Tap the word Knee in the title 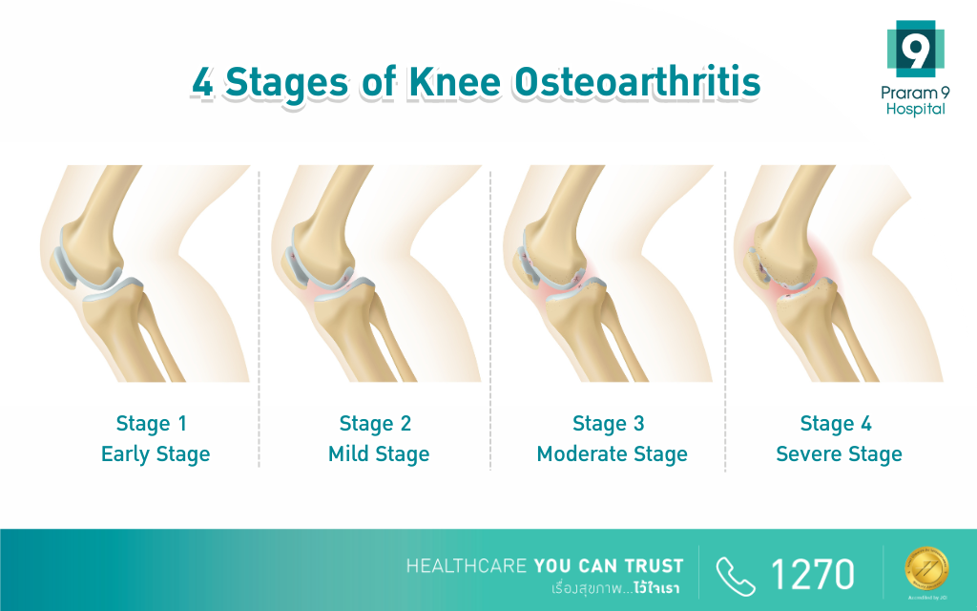[455, 82]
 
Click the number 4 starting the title [202, 82]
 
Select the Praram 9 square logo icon [915, 48]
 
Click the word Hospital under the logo [915, 109]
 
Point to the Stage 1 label [152, 423]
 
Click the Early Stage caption [156, 453]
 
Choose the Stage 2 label [375, 423]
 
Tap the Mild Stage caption [379, 453]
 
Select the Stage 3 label [608, 423]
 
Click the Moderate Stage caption [612, 453]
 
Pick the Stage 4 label [836, 423]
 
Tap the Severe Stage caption [839, 453]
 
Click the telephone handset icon [736, 576]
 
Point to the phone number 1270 [813, 574]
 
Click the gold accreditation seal [926, 568]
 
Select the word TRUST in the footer [655, 566]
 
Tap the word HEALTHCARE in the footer [467, 566]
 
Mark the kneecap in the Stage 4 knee [756, 265]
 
